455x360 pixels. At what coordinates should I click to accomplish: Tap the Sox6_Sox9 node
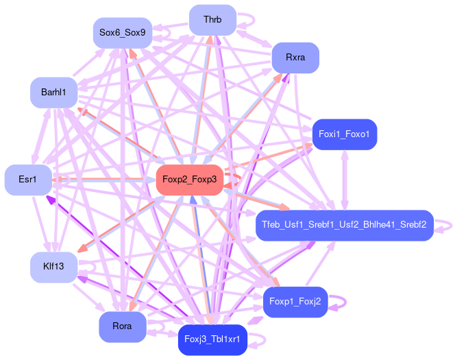point(122,32)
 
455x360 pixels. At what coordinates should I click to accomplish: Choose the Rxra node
point(295,58)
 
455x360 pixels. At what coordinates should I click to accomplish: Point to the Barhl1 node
point(53,93)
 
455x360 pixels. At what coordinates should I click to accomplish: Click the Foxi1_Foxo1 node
point(344,134)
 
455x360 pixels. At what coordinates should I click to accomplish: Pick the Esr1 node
point(27,180)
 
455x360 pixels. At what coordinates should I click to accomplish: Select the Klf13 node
point(53,266)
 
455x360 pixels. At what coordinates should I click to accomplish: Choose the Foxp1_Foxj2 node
point(295,301)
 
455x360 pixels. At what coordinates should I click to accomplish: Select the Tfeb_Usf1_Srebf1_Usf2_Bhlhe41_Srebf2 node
point(344,225)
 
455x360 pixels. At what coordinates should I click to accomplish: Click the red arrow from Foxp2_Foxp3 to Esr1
point(103,180)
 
